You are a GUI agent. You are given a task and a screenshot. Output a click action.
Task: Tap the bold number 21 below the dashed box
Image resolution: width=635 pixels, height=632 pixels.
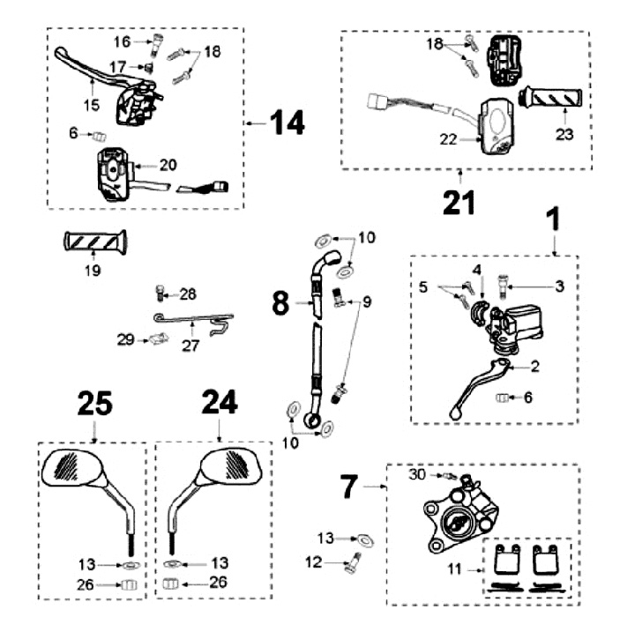pos(459,201)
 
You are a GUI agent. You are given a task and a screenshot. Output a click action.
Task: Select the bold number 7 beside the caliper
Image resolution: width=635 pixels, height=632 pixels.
pos(350,485)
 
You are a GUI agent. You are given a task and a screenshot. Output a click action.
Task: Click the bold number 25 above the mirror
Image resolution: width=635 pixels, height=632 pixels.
pos(94,403)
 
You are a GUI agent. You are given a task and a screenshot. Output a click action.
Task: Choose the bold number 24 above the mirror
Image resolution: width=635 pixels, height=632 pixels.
pos(218,403)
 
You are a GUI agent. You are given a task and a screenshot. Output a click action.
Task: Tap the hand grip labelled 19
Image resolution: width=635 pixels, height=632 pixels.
pos(95,241)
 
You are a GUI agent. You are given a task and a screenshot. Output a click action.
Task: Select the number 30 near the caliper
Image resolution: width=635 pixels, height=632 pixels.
pos(418,473)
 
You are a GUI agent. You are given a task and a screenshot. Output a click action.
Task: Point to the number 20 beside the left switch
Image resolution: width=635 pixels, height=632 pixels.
pos(169,165)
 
